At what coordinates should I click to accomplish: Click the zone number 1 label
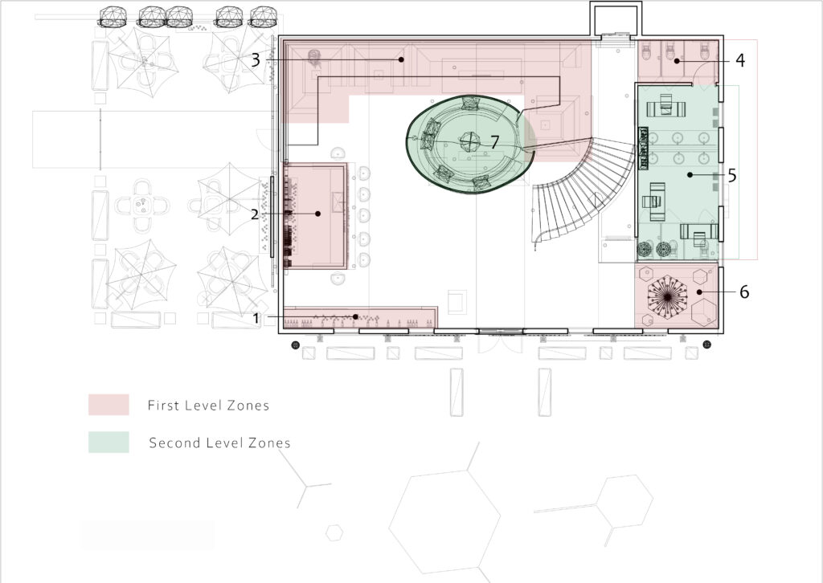coord(256,318)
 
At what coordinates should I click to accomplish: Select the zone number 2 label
coord(255,214)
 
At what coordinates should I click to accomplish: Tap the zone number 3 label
coord(256,60)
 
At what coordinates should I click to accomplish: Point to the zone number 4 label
coord(740,60)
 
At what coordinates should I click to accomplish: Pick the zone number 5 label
coord(732,176)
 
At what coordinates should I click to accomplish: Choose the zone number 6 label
coord(744,292)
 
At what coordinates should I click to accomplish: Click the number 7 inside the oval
coord(494,142)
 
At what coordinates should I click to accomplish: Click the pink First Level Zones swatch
coord(109,405)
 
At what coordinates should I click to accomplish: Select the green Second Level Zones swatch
coord(109,442)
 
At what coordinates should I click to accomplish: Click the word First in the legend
coord(162,406)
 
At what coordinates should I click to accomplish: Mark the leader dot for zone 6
coord(700,292)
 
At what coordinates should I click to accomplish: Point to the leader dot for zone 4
coord(677,61)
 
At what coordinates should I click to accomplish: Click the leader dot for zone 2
coord(318,214)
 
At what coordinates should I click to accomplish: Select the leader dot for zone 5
coord(690,175)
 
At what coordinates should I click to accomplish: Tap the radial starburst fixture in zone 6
coord(667,297)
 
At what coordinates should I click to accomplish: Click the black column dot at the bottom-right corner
coord(707,344)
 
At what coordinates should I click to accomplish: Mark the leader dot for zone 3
coord(402,59)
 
